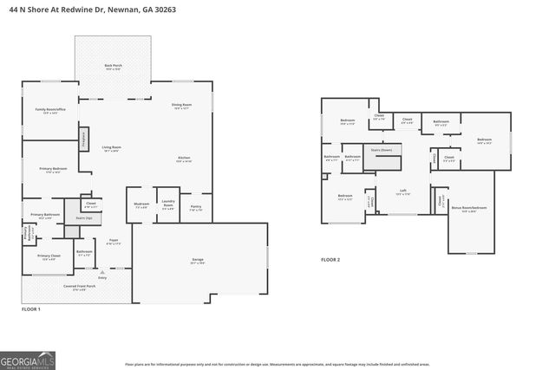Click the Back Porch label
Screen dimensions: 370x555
pos(113,67)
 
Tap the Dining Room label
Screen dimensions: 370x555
pos(181,106)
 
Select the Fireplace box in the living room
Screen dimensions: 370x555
pos(84,138)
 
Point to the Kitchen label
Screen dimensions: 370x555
pos(184,159)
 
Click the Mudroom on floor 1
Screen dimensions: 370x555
pos(141,205)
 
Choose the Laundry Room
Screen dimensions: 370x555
pos(168,206)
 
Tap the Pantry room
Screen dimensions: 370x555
pos(196,208)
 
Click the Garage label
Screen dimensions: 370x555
pos(198,260)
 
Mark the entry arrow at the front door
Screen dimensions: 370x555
pos(102,270)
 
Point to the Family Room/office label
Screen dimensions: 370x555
pos(46,111)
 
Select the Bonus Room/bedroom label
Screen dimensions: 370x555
pos(469,209)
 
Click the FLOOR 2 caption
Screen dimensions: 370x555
pos(330,259)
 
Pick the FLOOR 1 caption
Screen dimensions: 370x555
pos(31,308)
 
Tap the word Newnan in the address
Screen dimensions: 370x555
pos(118,8)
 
